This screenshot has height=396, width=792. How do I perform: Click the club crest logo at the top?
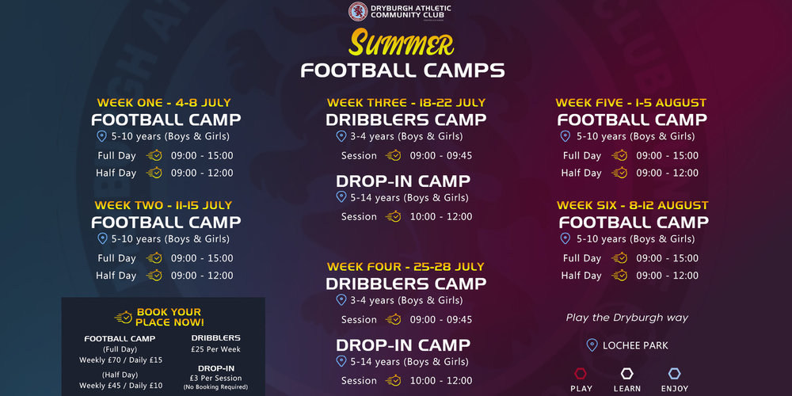coord(358,12)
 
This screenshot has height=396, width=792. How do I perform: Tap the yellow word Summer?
coord(401,44)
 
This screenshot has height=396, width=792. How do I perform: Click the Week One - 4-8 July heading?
coord(164,102)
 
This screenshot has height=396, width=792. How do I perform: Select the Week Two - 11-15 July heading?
coord(164,205)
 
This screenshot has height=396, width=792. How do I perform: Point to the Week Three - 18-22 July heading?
coord(406,102)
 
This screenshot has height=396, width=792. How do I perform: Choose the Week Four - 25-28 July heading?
coord(406,266)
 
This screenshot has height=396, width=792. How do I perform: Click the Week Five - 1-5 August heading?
coord(631,102)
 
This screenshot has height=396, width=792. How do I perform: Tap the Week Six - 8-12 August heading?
coord(632,205)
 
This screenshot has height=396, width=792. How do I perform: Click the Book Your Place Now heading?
coord(169,318)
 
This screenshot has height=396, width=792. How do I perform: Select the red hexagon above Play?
coord(581,374)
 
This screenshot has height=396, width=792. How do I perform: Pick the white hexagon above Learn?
coord(626,374)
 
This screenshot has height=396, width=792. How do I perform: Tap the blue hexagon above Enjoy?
coord(674,374)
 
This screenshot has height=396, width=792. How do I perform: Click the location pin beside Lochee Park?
coord(592,345)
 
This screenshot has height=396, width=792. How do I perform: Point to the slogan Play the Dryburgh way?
coord(626,318)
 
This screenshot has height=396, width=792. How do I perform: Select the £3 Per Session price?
coord(215,378)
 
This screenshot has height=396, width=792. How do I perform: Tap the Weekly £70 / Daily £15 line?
coord(120,360)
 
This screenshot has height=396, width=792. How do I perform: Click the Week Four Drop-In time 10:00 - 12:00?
coord(441,380)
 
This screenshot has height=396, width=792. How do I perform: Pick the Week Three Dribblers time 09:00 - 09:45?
coord(441,155)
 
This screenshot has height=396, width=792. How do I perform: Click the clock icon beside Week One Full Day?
coord(154,155)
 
